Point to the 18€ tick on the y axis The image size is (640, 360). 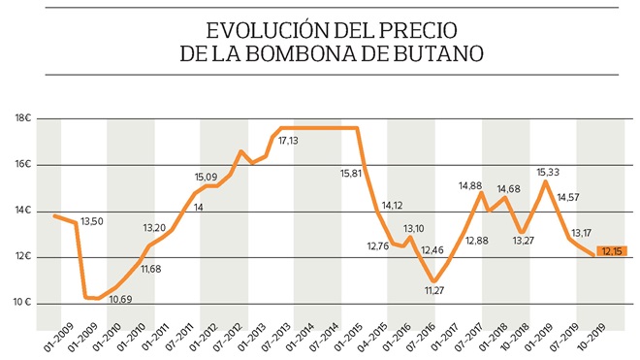coord(23,118)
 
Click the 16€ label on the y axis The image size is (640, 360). coord(23,165)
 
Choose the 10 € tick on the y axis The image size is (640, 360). coord(23,303)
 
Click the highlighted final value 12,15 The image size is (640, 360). coord(612,252)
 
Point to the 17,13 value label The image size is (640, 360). coord(288,142)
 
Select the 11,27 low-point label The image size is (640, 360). coord(432,289)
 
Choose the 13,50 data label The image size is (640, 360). coord(92,221)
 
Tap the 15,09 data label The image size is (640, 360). coord(206,178)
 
